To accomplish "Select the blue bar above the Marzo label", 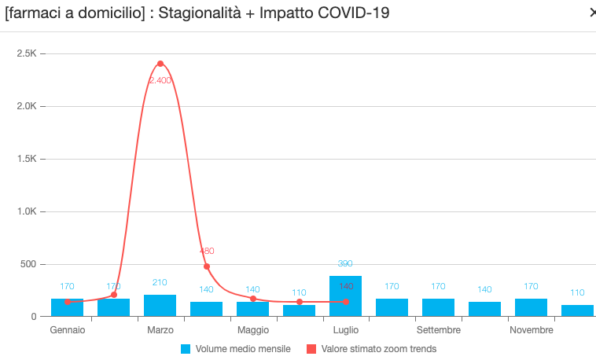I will pos(160,306).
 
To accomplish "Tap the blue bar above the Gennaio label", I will pos(67,307).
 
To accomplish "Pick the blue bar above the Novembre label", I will pos(531,307).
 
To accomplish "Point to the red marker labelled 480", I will pos(207,266).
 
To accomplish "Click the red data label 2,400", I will pos(160,80).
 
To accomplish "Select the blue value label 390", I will pos(345,264).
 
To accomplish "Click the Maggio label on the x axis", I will pos(253,330).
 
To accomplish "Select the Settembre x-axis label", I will pos(439,330).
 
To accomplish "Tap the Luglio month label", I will pos(346,330).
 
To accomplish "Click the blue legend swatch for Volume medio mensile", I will pos(186,349).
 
